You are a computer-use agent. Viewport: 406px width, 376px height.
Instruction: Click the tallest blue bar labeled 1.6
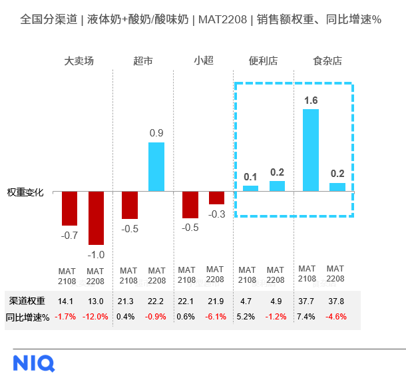pyautogui.click(x=311, y=150)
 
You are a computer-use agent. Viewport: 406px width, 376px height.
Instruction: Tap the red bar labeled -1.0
pyautogui.click(x=97, y=218)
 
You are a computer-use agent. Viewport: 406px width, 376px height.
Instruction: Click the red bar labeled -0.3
pyautogui.click(x=216, y=198)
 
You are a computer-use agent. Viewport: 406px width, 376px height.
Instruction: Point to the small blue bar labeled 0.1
pyautogui.click(x=250, y=189)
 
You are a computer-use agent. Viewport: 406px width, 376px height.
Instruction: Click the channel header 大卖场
pyautogui.click(x=79, y=61)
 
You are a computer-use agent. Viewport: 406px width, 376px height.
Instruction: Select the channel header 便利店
pyautogui.click(x=263, y=61)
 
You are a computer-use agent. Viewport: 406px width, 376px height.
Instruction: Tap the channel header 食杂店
pyautogui.click(x=327, y=61)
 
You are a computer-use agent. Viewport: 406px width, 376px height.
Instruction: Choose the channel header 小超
pyautogui.click(x=204, y=61)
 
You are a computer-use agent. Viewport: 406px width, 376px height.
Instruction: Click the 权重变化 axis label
pyautogui.click(x=25, y=192)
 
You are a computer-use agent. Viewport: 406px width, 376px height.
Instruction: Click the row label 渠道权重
pyautogui.click(x=24, y=301)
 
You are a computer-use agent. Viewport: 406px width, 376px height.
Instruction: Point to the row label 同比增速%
pyautogui.click(x=27, y=317)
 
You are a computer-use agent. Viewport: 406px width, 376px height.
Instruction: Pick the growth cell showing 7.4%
pyautogui.click(x=306, y=317)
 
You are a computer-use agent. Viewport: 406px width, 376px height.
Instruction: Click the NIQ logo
pyautogui.click(x=34, y=363)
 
